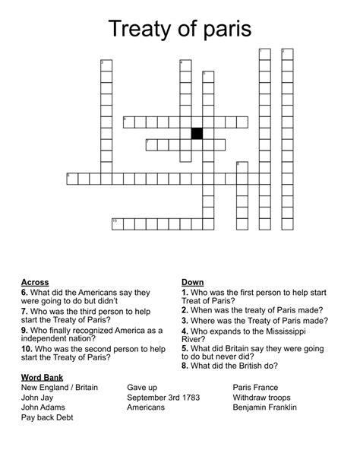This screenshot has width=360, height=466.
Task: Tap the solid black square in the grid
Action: pyautogui.click(x=197, y=133)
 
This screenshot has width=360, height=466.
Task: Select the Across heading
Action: pyautogui.click(x=36, y=282)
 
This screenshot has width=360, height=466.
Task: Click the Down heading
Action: pyautogui.click(x=192, y=282)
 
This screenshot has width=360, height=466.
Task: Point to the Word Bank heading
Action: pyautogui.click(x=43, y=377)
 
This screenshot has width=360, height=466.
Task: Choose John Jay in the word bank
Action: pyautogui.click(x=38, y=398)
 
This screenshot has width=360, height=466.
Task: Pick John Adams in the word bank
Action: pyautogui.click(x=43, y=407)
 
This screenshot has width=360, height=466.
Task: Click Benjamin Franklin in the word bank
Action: pyautogui.click(x=265, y=407)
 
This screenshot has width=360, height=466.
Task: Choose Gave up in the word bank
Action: pyautogui.click(x=142, y=388)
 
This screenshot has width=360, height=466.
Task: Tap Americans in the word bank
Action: pyautogui.click(x=146, y=407)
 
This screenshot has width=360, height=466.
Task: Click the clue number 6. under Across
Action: pyautogui.click(x=25, y=292)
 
